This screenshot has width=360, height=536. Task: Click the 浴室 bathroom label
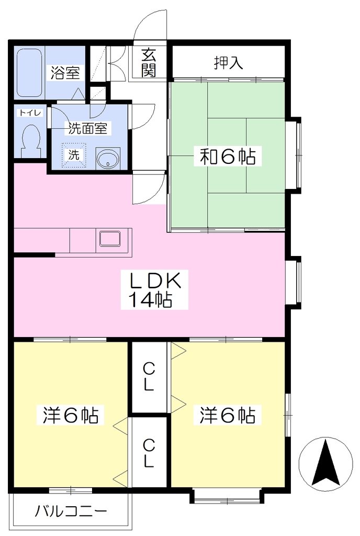coord(65,73)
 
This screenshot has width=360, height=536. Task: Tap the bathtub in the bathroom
coord(29,73)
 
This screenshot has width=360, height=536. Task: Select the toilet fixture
coord(30,141)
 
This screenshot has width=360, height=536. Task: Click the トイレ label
coord(30,113)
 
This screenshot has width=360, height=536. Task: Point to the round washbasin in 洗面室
coord(108,158)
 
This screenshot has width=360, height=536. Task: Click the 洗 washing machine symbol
coord(73,155)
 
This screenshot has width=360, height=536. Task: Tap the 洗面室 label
coord(87,128)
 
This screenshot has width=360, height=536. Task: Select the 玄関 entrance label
coord(149,63)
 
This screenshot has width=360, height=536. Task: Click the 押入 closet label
coord(229,63)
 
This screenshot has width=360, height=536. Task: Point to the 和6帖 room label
coord(228,157)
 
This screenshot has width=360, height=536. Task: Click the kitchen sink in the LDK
coord(110,238)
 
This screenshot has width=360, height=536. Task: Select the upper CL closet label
coord(149,376)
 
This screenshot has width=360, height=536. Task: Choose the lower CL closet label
coord(149,453)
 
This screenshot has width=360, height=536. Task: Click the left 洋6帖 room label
coord(71,415)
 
